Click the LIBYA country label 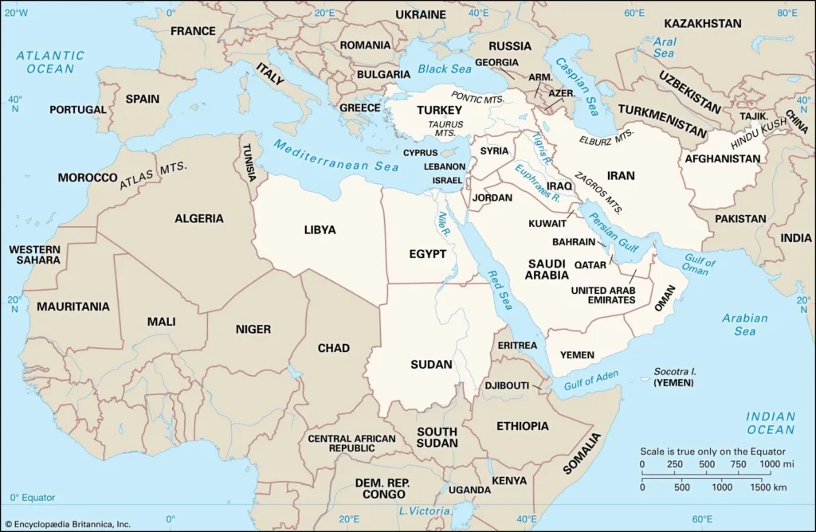[x=320, y=230]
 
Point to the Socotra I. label [x=675, y=372]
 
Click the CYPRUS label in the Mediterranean [x=420, y=152]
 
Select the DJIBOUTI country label [x=507, y=386]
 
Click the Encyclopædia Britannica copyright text [x=68, y=523]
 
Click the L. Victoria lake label [x=425, y=510]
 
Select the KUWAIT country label [x=547, y=224]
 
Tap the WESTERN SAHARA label [x=34, y=255]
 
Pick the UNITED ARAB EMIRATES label [x=602, y=295]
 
